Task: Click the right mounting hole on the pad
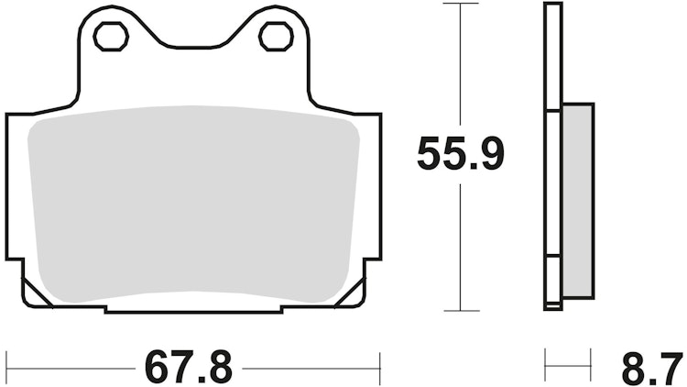pyautogui.click(x=273, y=37)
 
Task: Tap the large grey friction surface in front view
pyautogui.click(x=193, y=202)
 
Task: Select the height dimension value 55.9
pyautogui.click(x=460, y=154)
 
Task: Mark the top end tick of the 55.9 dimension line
pyautogui.click(x=460, y=4)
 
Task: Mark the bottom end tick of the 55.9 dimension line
pyautogui.click(x=460, y=311)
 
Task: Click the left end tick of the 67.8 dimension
pyautogui.click(x=7, y=368)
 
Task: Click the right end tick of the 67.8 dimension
pyautogui.click(x=379, y=368)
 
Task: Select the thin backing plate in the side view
pyautogui.click(x=551, y=156)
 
